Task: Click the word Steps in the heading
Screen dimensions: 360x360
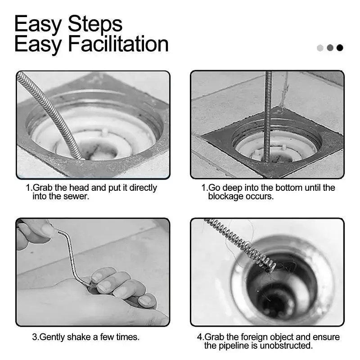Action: pos(95,24)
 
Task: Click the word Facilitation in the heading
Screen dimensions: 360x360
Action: pos(118,44)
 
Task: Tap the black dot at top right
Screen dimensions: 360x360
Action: pos(340,48)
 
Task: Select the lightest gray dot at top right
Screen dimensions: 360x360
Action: pos(320,48)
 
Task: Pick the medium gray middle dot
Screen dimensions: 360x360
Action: pos(330,48)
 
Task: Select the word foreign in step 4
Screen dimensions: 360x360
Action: pos(254,337)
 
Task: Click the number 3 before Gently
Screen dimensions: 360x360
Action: pos(35,337)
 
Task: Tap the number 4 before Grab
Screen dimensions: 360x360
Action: pos(199,337)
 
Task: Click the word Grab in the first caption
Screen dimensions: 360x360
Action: pos(42,188)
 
